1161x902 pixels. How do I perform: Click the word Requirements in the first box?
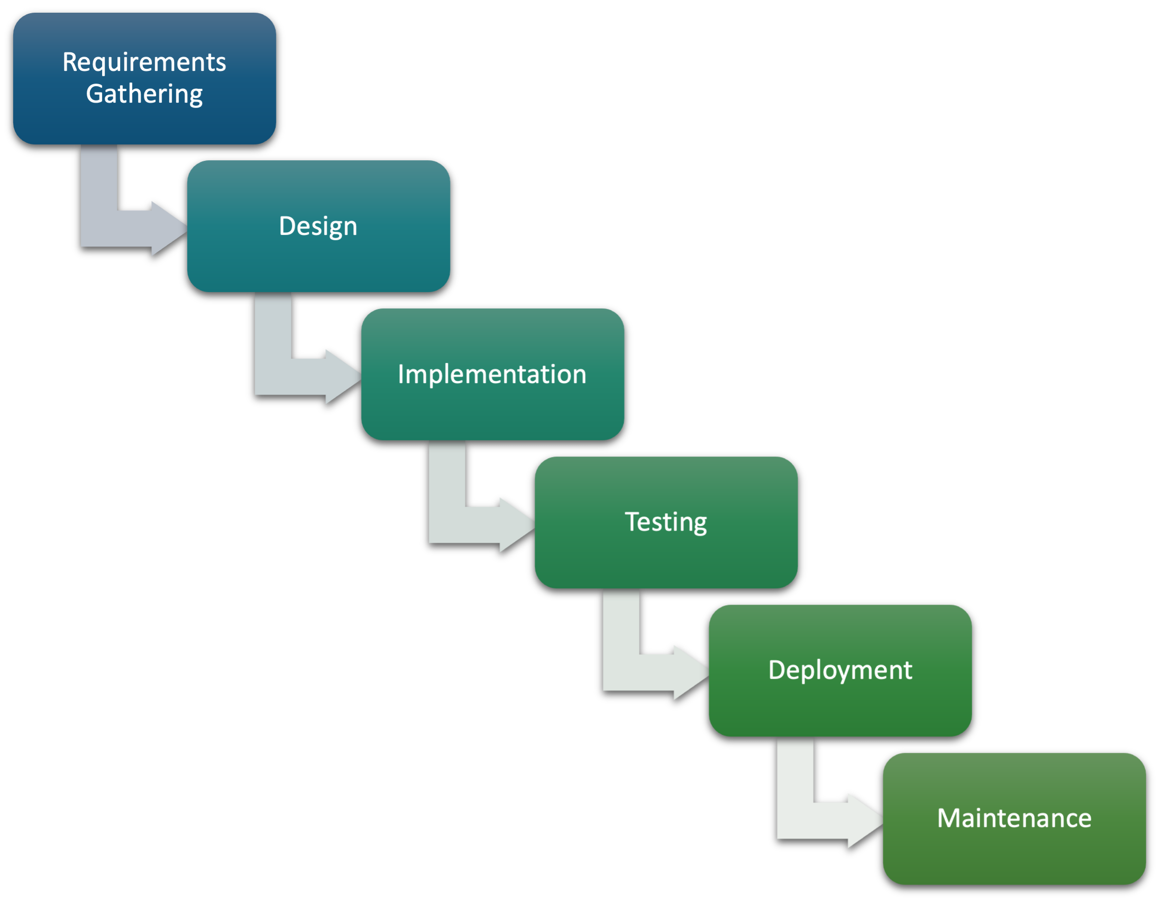[144, 62]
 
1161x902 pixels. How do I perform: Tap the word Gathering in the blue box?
[144, 94]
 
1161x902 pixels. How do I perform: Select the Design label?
[318, 226]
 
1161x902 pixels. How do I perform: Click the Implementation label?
[492, 375]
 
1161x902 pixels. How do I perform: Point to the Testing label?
[665, 522]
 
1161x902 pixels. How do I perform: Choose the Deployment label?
[840, 670]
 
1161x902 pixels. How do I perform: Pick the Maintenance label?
[1014, 818]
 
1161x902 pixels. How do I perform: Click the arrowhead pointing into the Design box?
[168, 229]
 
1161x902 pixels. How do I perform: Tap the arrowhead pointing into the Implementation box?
[342, 377]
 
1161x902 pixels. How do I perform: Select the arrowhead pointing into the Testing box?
[516, 524]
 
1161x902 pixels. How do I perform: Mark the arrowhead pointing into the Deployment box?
[690, 672]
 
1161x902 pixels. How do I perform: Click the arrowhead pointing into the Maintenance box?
[864, 821]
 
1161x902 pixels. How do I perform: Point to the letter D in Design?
[287, 226]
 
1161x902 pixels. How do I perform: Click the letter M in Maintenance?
[948, 818]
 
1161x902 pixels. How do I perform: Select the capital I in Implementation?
[401, 375]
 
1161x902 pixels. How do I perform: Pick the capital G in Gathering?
[95, 94]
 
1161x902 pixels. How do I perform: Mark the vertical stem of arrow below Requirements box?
[99, 181]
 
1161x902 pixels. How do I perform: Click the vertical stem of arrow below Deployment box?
[796, 771]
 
